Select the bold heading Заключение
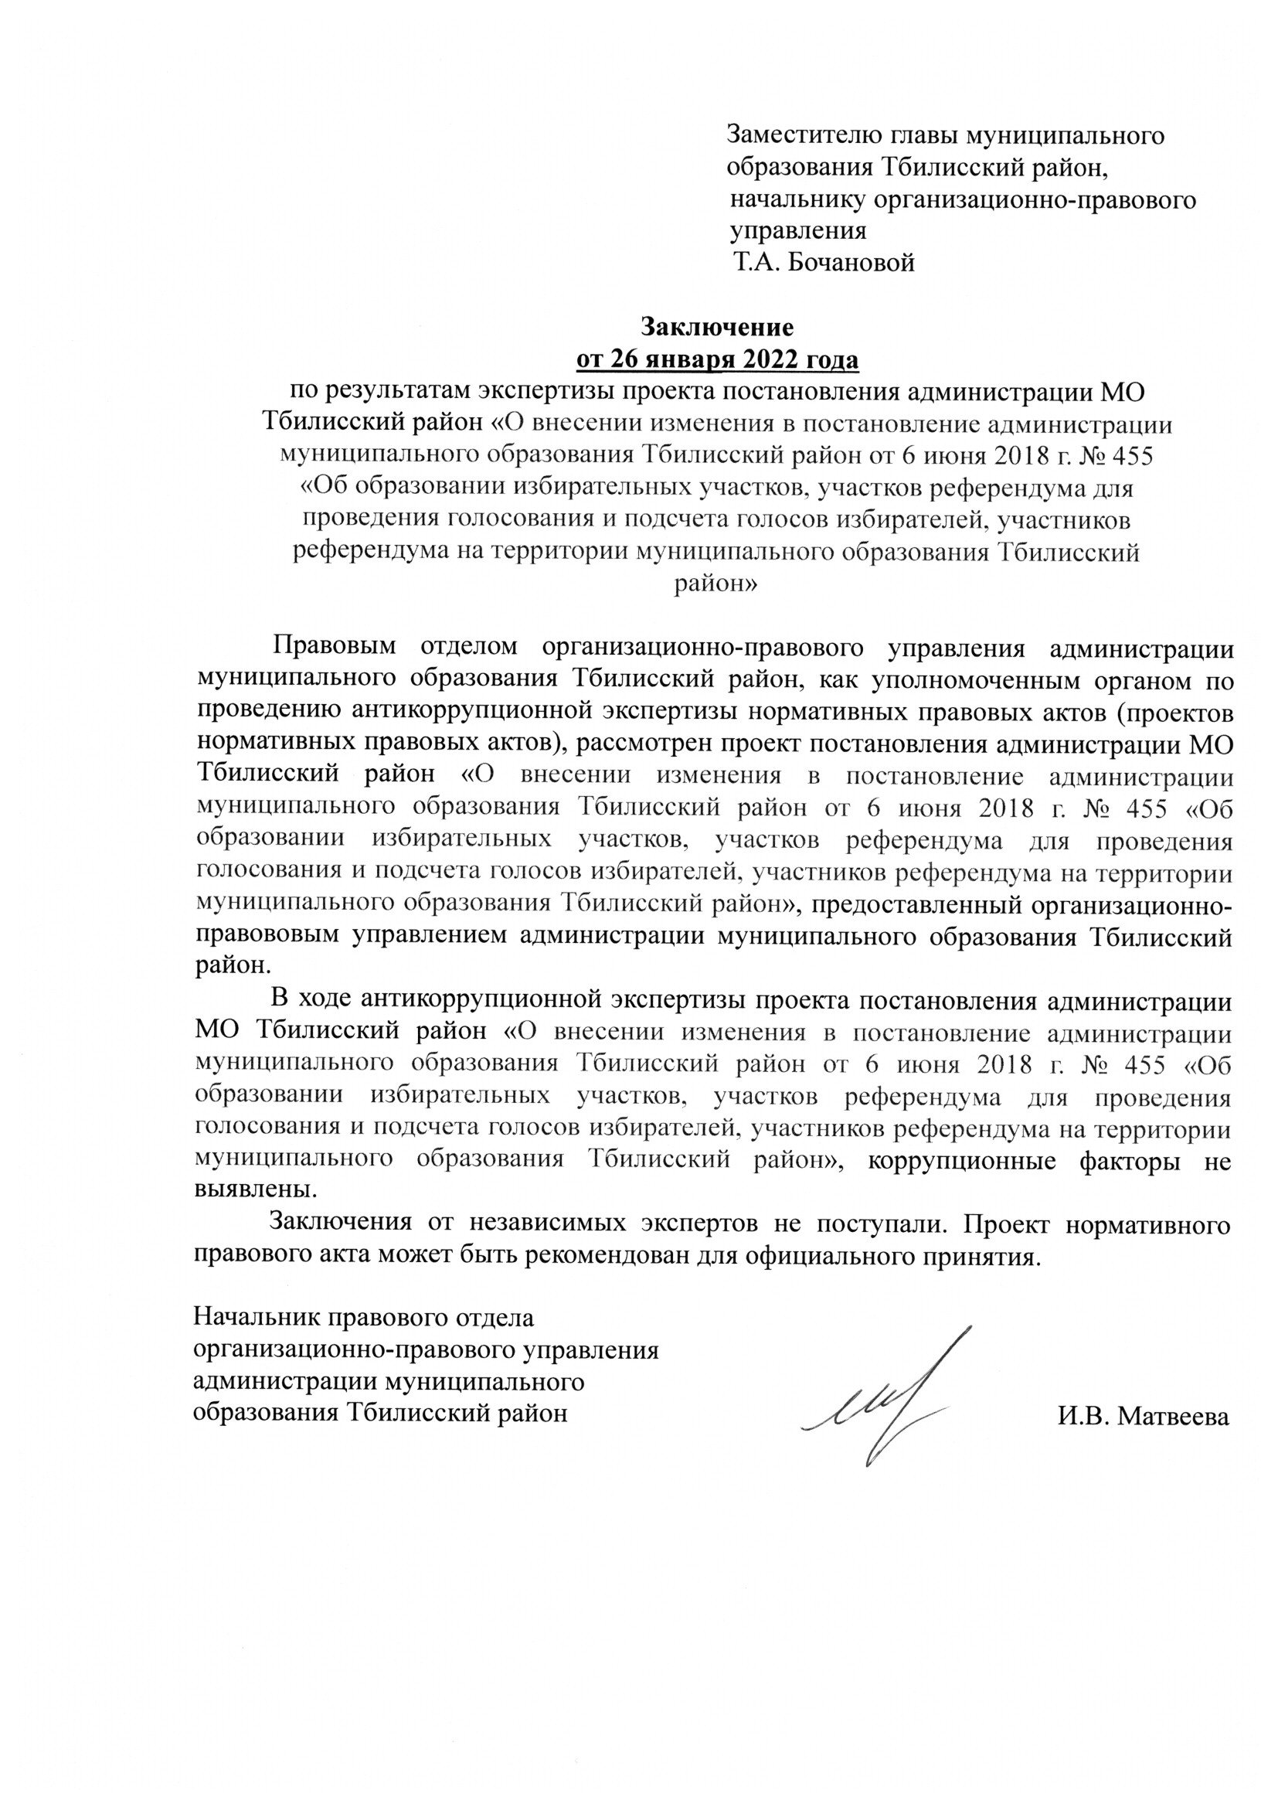[718, 325]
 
